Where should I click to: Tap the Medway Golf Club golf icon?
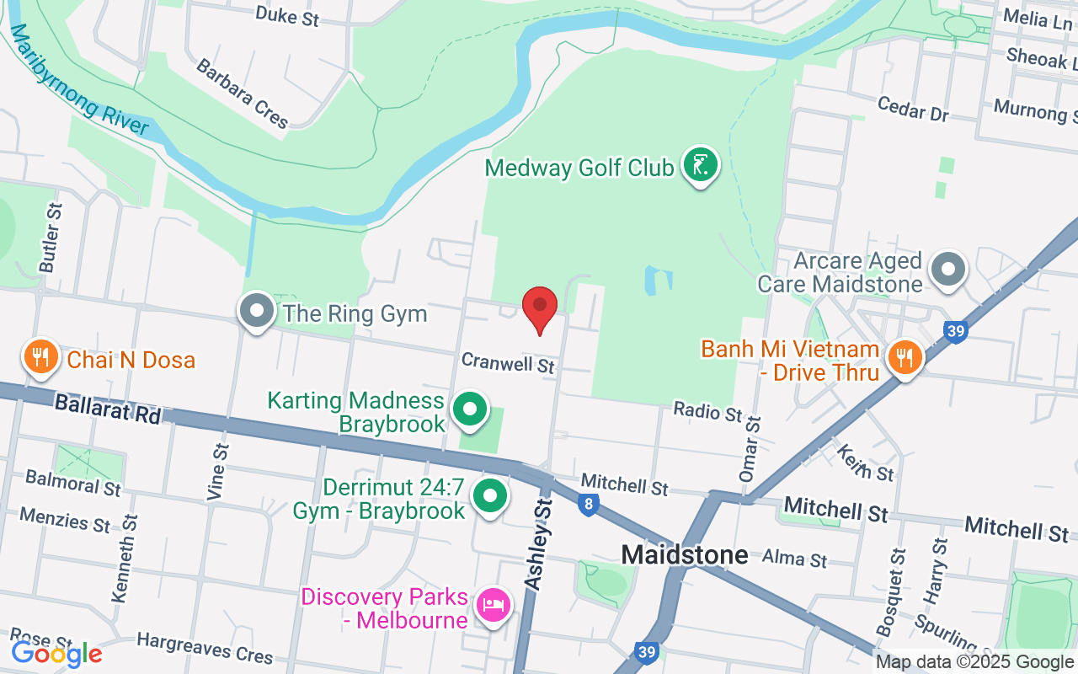pyautogui.click(x=699, y=165)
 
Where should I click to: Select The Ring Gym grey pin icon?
pyautogui.click(x=257, y=312)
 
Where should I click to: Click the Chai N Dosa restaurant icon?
pyautogui.click(x=40, y=358)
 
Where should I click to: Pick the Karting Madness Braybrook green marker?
pyautogui.click(x=471, y=409)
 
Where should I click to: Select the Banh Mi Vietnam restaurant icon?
pyautogui.click(x=905, y=356)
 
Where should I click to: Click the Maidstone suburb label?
pyautogui.click(x=684, y=554)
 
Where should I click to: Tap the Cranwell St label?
pyautogui.click(x=509, y=363)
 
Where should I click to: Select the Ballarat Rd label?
pyautogui.click(x=107, y=409)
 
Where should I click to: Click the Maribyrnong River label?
pyautogui.click(x=79, y=80)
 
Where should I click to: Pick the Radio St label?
pyautogui.click(x=708, y=412)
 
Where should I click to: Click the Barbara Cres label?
pyautogui.click(x=242, y=94)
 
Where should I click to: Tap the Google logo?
pyautogui.click(x=56, y=653)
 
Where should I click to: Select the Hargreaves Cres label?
pyautogui.click(x=205, y=649)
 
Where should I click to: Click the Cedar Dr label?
pyautogui.click(x=912, y=108)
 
